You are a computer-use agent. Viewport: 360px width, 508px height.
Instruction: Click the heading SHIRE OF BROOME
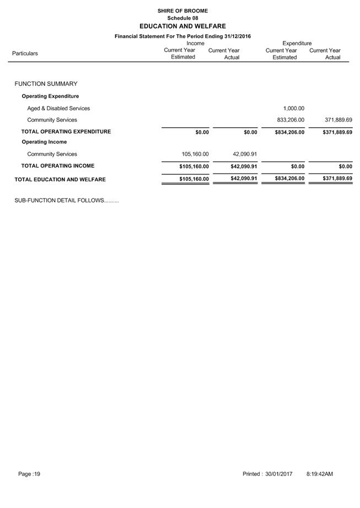click(x=182, y=10)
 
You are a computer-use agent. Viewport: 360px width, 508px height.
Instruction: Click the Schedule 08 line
click(x=182, y=18)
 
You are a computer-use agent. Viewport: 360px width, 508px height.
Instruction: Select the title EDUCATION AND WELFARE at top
click(x=182, y=26)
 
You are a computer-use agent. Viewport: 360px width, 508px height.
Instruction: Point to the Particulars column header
click(x=25, y=53)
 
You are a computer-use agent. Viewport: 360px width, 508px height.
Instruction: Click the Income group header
click(x=195, y=43)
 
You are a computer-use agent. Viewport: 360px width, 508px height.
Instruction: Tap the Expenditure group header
click(x=297, y=43)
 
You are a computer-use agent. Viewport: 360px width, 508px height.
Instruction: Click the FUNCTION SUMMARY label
click(x=46, y=84)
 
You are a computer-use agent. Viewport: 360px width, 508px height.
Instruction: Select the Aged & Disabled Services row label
click(x=58, y=109)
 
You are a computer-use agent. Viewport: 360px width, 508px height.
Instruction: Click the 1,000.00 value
click(x=293, y=109)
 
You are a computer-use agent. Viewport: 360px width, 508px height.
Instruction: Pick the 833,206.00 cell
click(x=290, y=120)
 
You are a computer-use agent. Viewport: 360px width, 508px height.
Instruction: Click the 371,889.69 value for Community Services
click(x=337, y=120)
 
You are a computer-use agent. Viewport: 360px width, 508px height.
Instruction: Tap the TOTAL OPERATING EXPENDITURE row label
click(x=66, y=132)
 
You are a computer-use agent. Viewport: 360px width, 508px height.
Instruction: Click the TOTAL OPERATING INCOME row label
click(x=57, y=166)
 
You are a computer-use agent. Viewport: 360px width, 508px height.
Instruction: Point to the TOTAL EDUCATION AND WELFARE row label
click(x=60, y=180)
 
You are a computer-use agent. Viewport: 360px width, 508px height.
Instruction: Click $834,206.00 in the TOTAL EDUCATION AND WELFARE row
click(x=289, y=179)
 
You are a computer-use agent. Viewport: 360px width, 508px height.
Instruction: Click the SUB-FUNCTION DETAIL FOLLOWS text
click(x=66, y=201)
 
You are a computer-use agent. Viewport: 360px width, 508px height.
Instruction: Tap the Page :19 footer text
click(x=29, y=474)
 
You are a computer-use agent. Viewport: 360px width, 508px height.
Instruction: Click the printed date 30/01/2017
click(x=278, y=474)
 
